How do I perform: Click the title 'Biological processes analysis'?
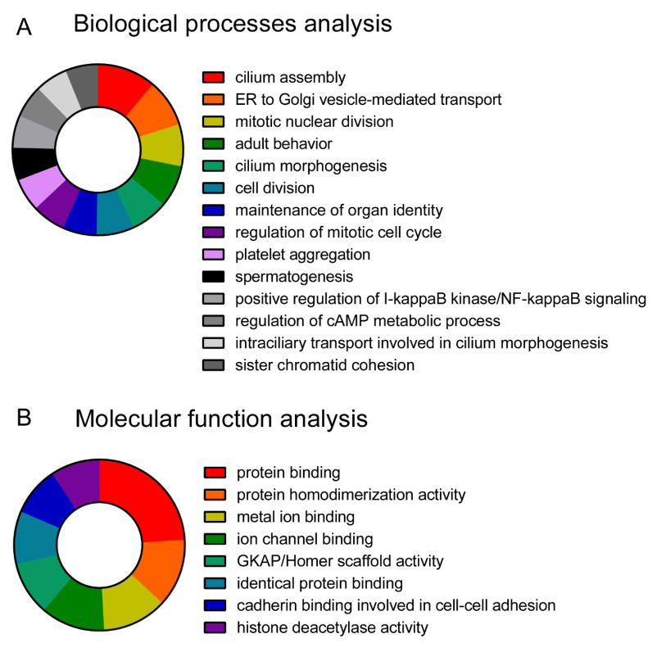tap(233, 25)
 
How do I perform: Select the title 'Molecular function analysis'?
tap(221, 420)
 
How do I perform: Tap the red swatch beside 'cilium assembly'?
tap(213, 79)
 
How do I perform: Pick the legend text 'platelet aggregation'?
tap(302, 255)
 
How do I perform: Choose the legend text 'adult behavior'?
tap(283, 144)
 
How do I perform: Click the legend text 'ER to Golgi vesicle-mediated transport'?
tap(369, 100)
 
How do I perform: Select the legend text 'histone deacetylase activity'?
tap(332, 628)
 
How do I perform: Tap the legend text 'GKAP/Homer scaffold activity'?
tap(339, 562)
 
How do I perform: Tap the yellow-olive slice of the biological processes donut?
tap(163, 146)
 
